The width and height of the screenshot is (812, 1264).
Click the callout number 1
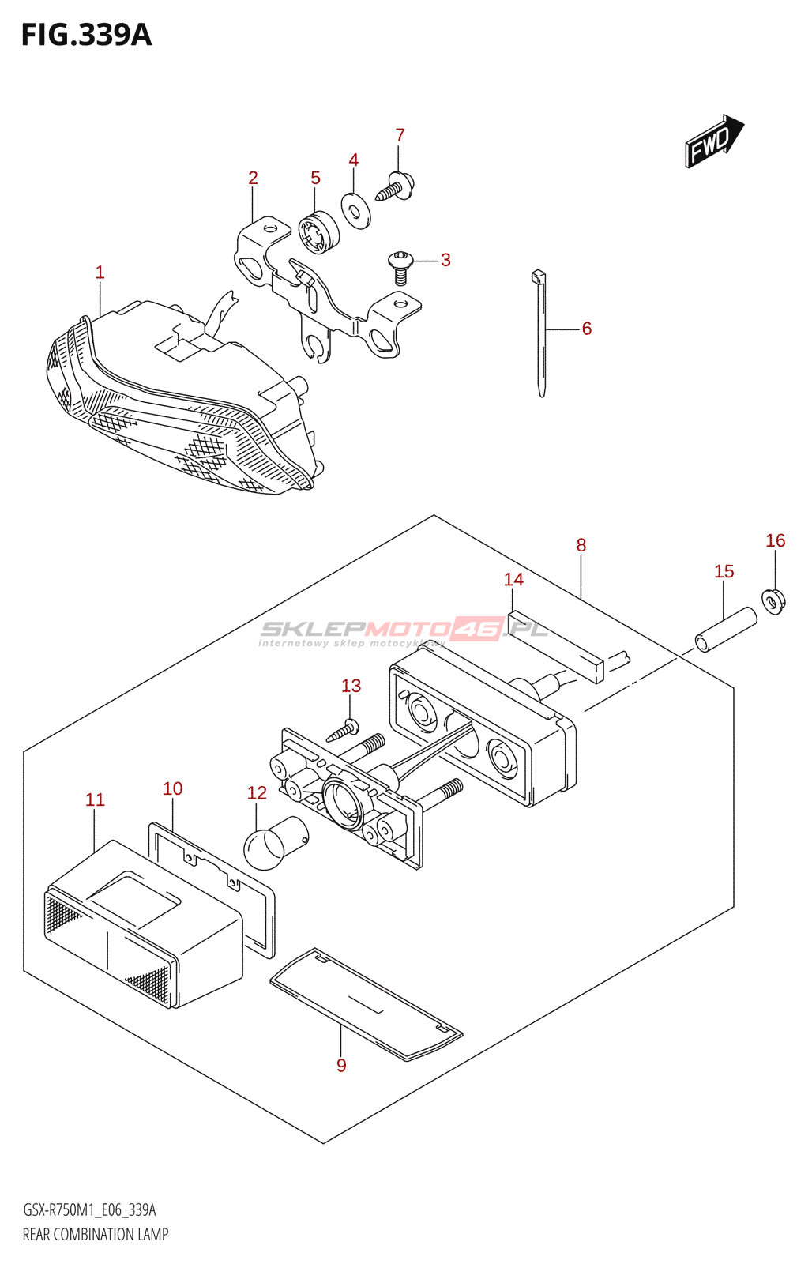(100, 273)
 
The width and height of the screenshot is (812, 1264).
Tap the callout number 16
(775, 540)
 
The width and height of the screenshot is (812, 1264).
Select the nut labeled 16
(774, 602)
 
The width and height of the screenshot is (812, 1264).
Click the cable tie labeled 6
(541, 332)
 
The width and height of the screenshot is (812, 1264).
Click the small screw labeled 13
(344, 730)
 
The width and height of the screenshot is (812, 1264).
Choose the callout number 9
(341, 1065)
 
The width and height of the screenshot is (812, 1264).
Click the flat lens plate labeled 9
(366, 1003)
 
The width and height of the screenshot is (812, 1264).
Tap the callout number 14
(513, 579)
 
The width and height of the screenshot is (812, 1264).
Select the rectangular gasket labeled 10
(212, 885)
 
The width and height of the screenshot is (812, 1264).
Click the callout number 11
(95, 799)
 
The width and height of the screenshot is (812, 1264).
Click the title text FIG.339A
(86, 35)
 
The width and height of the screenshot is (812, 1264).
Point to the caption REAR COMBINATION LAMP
(96, 1234)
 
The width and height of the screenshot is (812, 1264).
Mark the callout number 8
(581, 544)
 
